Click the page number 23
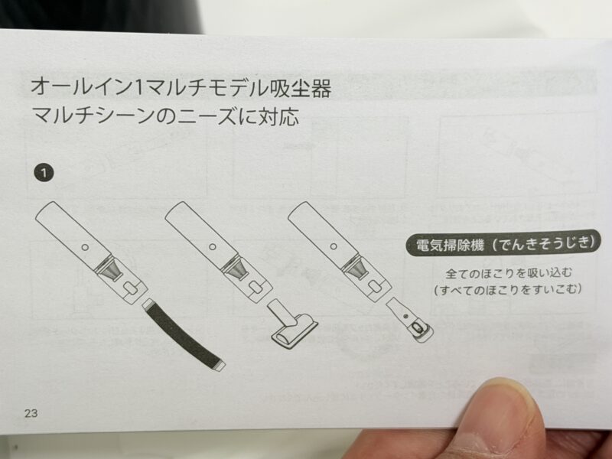pyautogui.click(x=31, y=413)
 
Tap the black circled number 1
pyautogui.click(x=44, y=173)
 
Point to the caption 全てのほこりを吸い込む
pyautogui.click(x=509, y=272)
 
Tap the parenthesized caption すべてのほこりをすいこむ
pyautogui.click(x=508, y=290)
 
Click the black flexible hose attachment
pyautogui.click(x=184, y=335)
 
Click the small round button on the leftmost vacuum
pyautogui.click(x=85, y=247)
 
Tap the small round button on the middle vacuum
pyautogui.click(x=213, y=246)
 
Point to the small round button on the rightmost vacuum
pyautogui.click(x=334, y=246)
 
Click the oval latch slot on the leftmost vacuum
pyautogui.click(x=131, y=289)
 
